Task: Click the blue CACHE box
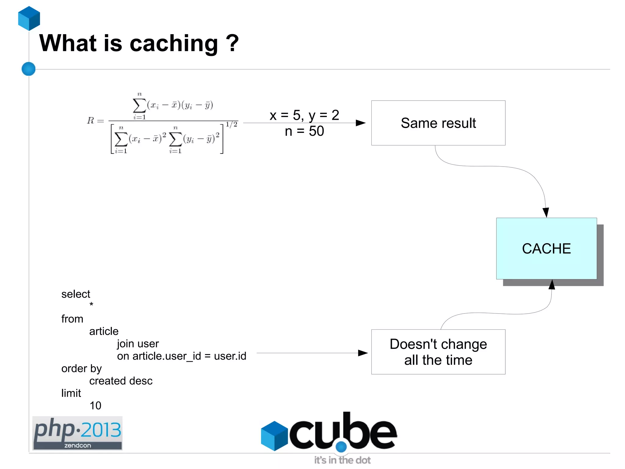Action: [x=546, y=248]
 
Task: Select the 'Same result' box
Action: [x=438, y=123]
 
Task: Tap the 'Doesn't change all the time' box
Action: [x=438, y=352]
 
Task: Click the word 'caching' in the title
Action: [x=174, y=44]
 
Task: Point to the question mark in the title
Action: [x=232, y=43]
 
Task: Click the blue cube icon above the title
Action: [x=29, y=18]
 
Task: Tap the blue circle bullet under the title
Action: [x=29, y=69]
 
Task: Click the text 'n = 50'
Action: [x=304, y=131]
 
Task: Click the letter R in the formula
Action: [x=90, y=120]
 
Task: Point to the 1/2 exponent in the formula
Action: [x=231, y=124]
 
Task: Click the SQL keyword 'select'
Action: [x=76, y=294]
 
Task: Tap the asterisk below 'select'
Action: [x=91, y=304]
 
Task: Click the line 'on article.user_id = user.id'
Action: [x=181, y=356]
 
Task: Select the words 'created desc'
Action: [x=121, y=381]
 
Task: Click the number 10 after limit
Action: [x=95, y=405]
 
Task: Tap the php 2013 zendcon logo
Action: [x=77, y=433]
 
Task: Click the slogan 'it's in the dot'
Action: [x=342, y=460]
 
